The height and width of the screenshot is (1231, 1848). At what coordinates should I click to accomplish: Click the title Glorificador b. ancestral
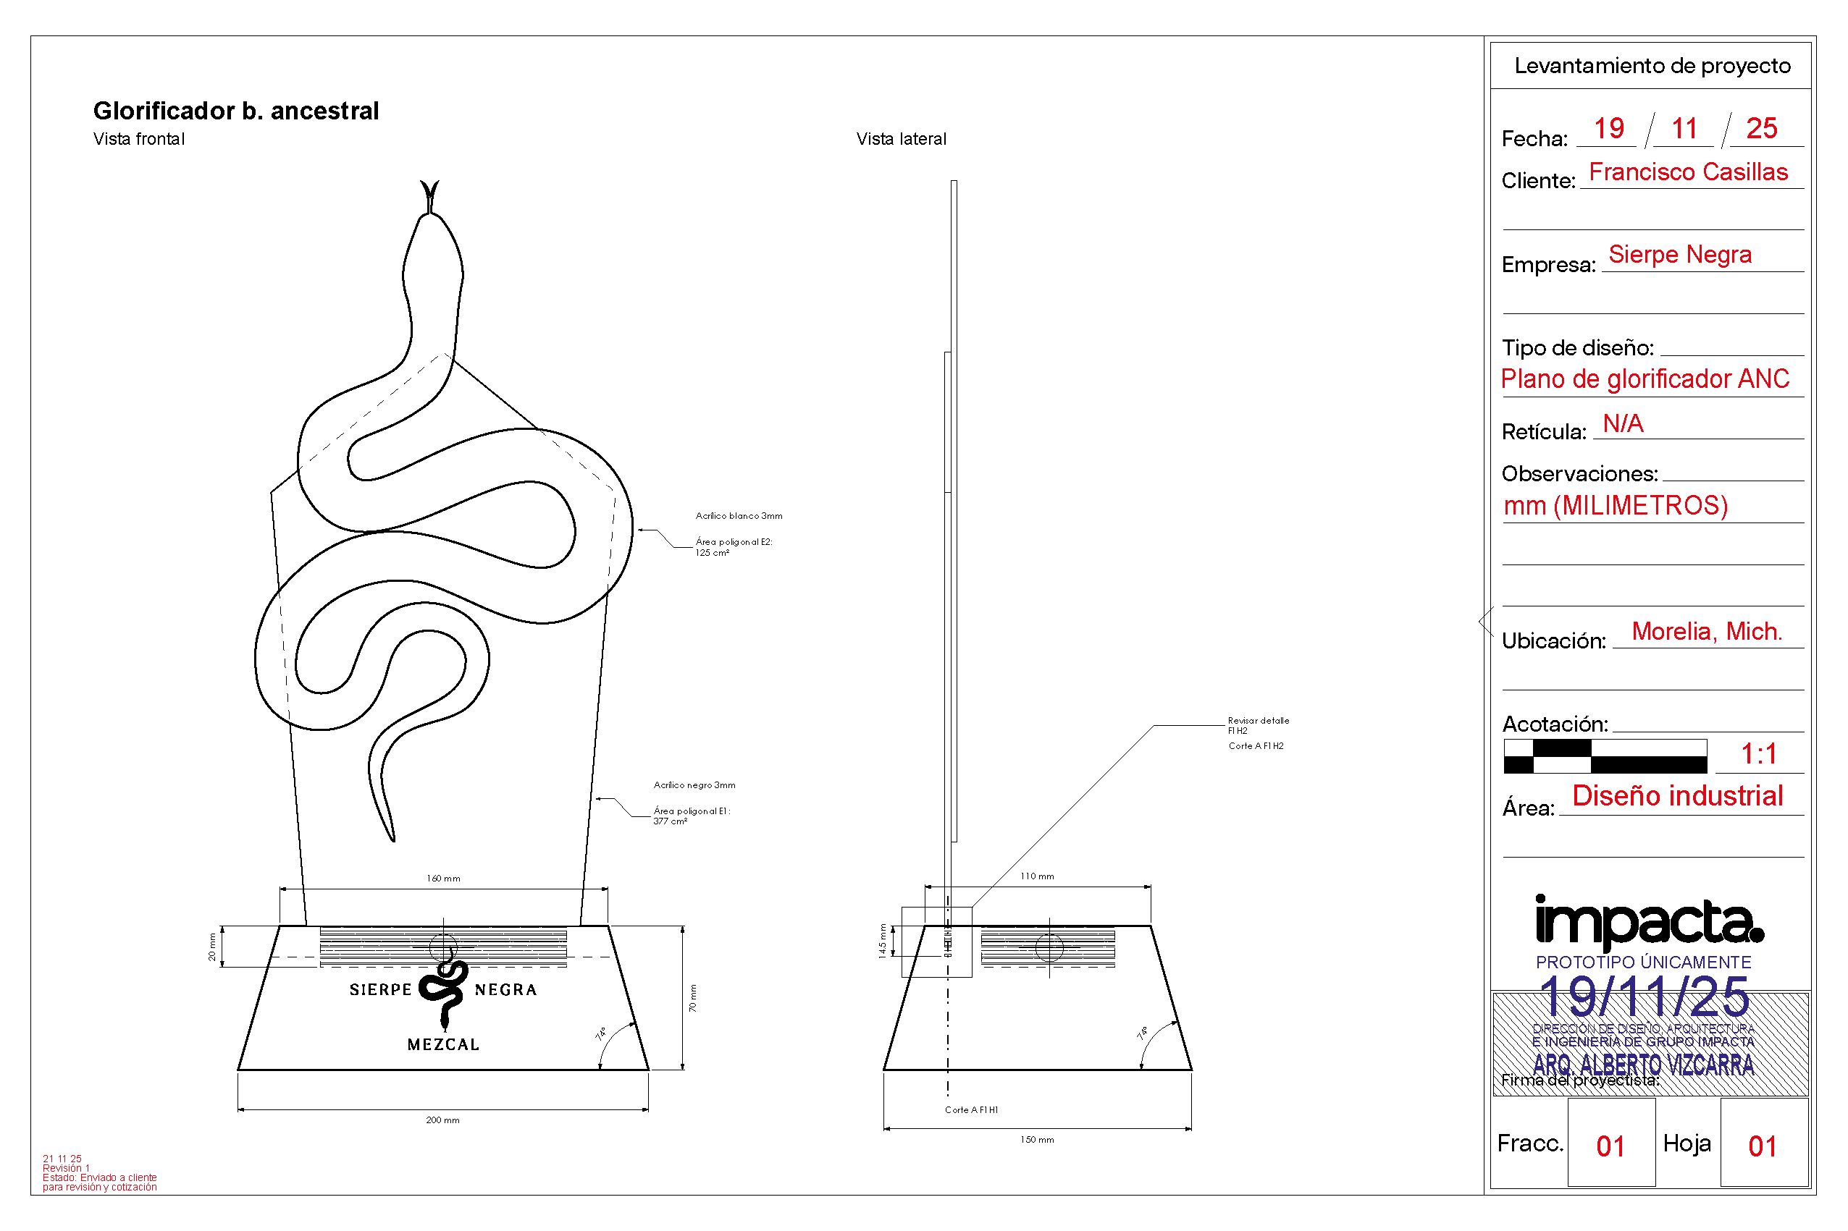pos(235,111)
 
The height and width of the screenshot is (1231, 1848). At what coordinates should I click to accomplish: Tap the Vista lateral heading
pos(901,139)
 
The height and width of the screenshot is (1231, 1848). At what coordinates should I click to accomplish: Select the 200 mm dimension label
pos(442,1120)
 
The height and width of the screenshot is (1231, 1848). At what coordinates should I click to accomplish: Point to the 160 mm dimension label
pos(443,879)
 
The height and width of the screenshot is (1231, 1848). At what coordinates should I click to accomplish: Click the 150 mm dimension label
pos(1037,1140)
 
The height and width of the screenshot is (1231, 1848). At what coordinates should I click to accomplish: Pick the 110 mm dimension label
pos(1037,876)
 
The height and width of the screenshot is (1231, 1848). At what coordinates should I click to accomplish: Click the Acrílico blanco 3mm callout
pos(738,516)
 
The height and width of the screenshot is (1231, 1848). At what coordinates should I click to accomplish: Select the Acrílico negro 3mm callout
pos(694,785)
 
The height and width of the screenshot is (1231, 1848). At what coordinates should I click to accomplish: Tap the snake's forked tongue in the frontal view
pos(429,193)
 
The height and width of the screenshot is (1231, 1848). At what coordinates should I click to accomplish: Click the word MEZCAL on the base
pos(443,1045)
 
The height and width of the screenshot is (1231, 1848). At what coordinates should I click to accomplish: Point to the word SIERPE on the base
pos(380,990)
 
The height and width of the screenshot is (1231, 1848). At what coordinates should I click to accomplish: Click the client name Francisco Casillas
pos(1688,172)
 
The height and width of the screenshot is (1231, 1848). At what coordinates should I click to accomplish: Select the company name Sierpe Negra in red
pos(1679,254)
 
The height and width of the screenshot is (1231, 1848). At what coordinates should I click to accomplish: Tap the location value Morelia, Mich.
pos(1706,631)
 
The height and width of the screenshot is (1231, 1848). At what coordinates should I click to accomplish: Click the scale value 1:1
pos(1758,753)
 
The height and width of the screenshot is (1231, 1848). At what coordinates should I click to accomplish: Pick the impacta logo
pos(1650,923)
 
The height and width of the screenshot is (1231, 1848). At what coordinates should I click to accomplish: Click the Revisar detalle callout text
pos(1257,721)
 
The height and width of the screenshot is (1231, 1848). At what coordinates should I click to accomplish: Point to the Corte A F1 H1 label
pos(971,1110)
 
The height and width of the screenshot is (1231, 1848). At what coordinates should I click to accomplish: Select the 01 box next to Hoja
pos(1763,1146)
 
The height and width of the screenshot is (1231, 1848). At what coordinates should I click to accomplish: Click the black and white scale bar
pos(1605,756)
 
